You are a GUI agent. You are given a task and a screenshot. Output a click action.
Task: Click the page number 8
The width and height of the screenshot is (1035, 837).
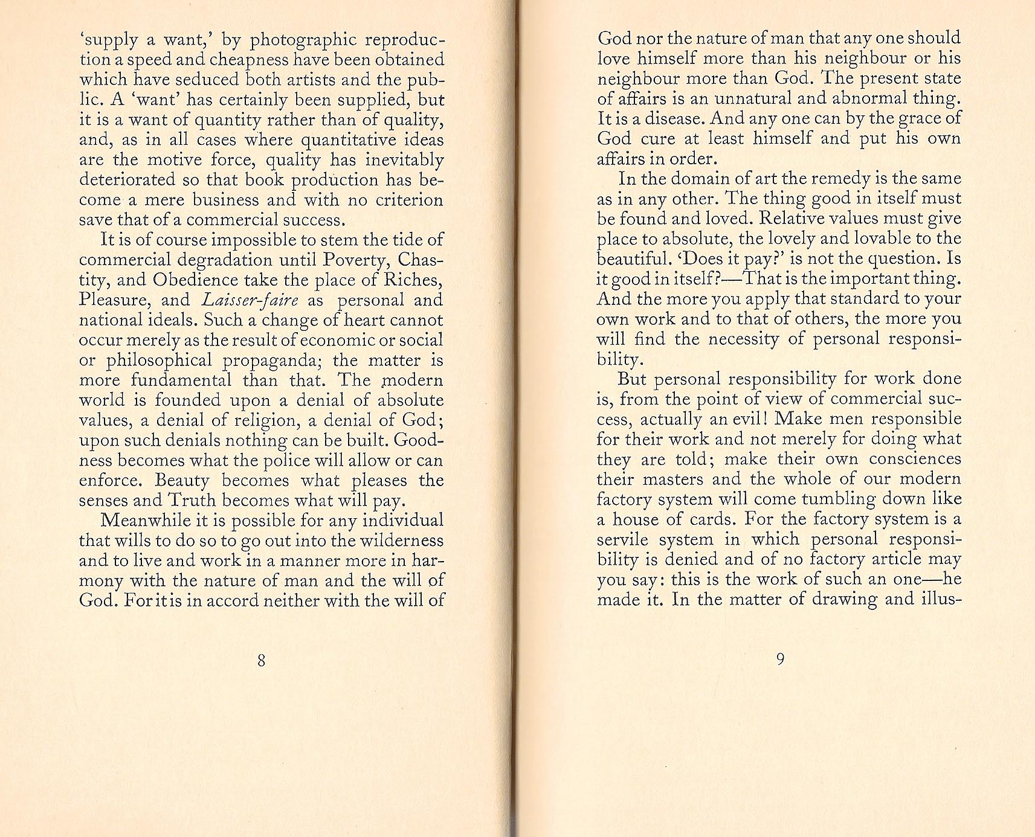coord(261,660)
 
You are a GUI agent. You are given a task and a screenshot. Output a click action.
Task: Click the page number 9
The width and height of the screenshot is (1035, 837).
coord(780,659)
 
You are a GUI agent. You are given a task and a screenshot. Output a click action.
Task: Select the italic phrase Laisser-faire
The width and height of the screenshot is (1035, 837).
coord(250,300)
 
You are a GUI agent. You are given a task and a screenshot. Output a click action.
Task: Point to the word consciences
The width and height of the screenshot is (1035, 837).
coord(915,459)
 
